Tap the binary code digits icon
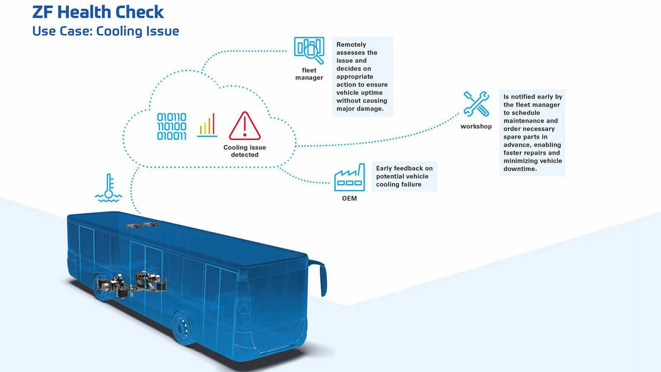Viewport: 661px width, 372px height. (x=171, y=126)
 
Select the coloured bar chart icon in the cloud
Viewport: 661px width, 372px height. (x=207, y=125)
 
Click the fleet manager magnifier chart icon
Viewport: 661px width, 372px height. (x=309, y=50)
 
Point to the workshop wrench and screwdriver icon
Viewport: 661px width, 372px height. (x=476, y=104)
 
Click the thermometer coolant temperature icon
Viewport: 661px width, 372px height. (x=109, y=188)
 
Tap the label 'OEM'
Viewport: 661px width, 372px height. (x=350, y=198)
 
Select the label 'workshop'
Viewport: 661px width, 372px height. (x=476, y=126)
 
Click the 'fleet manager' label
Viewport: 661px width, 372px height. (x=309, y=74)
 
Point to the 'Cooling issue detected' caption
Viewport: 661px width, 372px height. (x=245, y=151)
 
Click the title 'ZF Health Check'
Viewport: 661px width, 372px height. (x=98, y=12)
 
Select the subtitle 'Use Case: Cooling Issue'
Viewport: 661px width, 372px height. (x=106, y=31)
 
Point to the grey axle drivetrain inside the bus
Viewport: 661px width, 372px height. (x=131, y=285)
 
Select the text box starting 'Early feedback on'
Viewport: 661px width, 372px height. (x=404, y=176)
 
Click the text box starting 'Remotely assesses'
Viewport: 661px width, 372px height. (x=363, y=77)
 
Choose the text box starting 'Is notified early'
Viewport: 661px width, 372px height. (x=532, y=133)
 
